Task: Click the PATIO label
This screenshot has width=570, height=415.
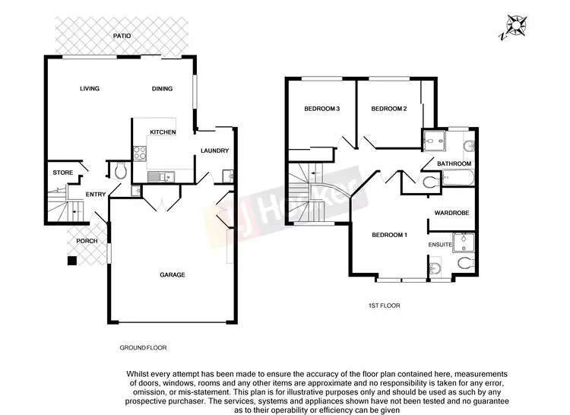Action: point(122,36)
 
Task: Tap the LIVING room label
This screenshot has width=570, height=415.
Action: point(90,89)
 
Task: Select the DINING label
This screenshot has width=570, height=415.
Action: point(162,89)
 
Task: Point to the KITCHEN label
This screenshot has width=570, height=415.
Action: point(163,132)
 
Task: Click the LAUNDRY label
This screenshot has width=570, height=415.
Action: point(215,150)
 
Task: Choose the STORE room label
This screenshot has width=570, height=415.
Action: point(63,173)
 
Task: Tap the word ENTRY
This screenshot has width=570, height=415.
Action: point(96,195)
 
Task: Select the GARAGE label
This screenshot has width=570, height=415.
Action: point(172,274)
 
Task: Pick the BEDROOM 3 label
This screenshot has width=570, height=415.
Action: point(321,109)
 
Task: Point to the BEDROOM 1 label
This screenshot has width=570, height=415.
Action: point(390,235)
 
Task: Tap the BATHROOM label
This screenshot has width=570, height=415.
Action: point(454,164)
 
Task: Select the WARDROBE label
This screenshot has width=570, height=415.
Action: point(454,214)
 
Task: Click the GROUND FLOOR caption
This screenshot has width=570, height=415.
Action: point(143,347)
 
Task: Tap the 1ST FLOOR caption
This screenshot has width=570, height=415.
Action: point(384,306)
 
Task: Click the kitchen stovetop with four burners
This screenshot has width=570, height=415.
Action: point(140,152)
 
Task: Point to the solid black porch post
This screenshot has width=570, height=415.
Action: point(71,261)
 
